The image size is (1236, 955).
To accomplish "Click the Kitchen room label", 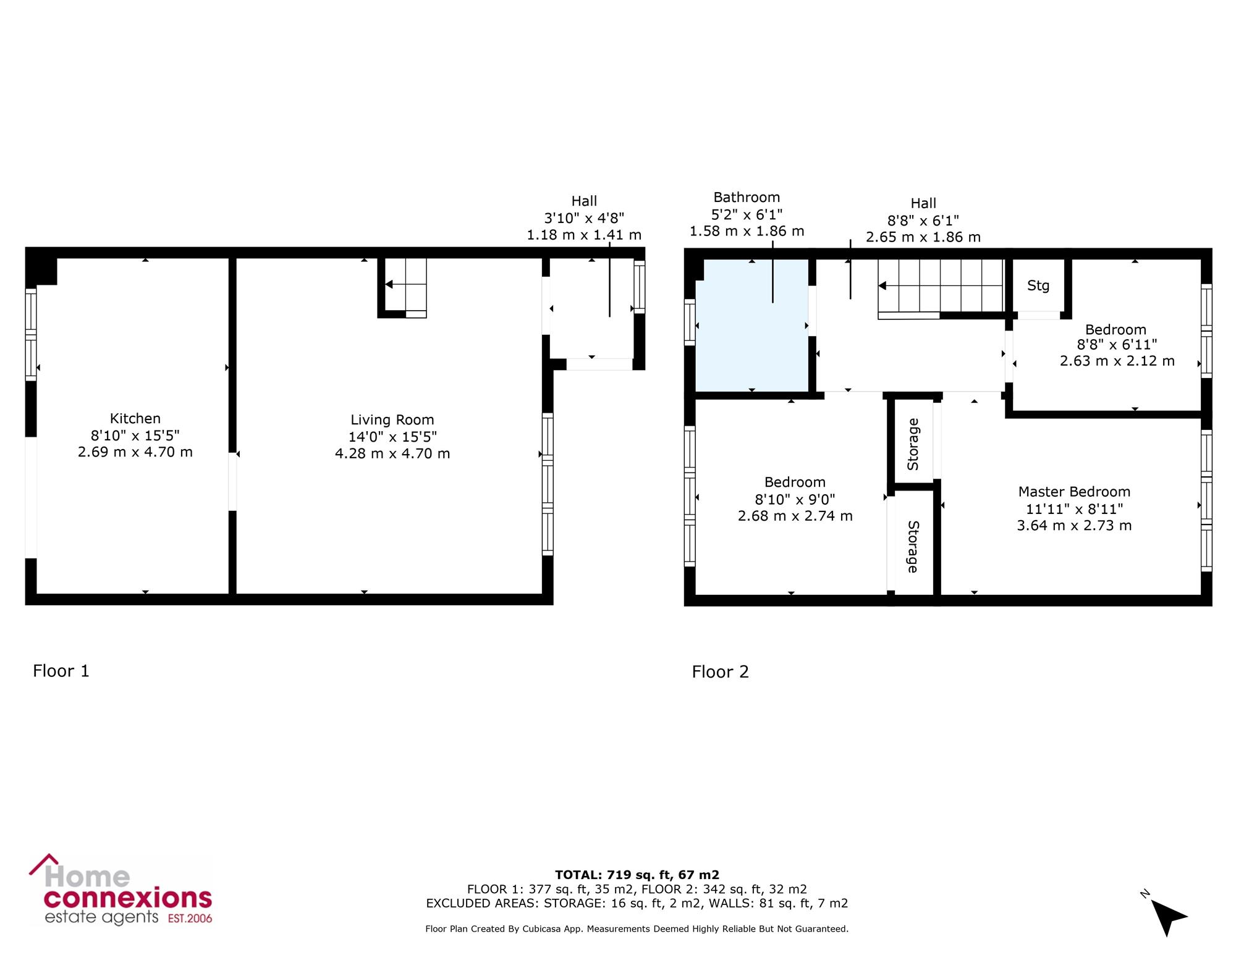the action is [x=135, y=418].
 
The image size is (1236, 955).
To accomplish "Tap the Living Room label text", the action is [x=392, y=420].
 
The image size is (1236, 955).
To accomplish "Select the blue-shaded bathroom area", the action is [x=752, y=326].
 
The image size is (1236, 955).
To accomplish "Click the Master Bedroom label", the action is [x=1074, y=492].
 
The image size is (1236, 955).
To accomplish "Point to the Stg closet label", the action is [x=1038, y=285].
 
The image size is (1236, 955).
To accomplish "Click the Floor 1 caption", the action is [x=61, y=671].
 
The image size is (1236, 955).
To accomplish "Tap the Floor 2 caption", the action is [x=721, y=672].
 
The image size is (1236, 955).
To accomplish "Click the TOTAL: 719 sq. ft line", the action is [x=637, y=875].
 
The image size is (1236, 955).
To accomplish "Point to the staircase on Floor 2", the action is [x=941, y=288].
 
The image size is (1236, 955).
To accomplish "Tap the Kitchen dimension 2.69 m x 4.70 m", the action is [x=135, y=452].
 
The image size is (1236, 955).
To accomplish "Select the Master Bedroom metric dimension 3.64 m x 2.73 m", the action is [x=1074, y=526].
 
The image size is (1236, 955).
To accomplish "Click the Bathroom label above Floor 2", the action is [x=747, y=198].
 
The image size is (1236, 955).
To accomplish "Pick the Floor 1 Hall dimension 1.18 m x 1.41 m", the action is [x=584, y=235].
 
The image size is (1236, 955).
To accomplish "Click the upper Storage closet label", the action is [x=913, y=444].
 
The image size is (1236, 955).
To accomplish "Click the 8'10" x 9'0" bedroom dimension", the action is [x=795, y=499].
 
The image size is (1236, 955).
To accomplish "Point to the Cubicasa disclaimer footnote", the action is [x=637, y=928].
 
